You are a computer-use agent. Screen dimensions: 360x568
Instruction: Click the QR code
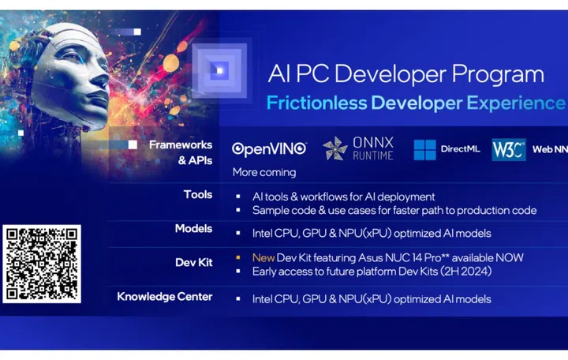[42, 264]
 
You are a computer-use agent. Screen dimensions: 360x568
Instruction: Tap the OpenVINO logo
[267, 148]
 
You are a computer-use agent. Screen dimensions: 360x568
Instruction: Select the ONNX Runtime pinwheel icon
[335, 148]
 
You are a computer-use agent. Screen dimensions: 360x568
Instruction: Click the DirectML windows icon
[424, 149]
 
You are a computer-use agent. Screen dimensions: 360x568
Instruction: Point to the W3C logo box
[508, 149]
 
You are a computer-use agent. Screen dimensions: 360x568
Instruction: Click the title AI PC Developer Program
[405, 74]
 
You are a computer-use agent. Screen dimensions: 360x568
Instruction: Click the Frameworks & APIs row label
[181, 151]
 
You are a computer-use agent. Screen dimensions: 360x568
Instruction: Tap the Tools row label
[198, 195]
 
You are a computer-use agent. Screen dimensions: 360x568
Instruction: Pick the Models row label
[194, 229]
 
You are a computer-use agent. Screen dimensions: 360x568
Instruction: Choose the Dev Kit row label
[194, 263]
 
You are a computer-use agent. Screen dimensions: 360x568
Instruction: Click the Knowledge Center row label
[165, 298]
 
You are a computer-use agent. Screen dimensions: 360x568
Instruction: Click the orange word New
[263, 257]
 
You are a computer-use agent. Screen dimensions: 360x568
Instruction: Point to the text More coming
[264, 172]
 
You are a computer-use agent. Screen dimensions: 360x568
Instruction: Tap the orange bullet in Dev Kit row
[237, 257]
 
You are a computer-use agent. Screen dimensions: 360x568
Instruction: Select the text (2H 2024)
[471, 272]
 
